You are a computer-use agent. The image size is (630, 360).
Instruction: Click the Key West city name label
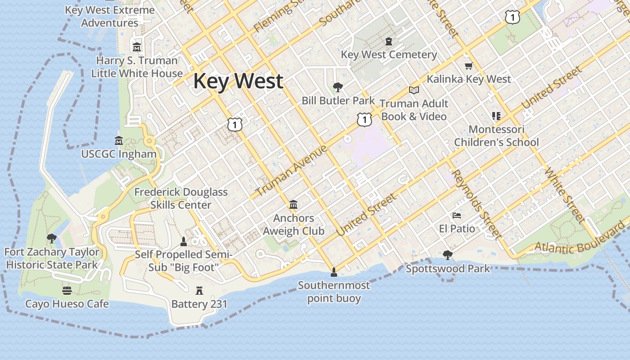coord(238,81)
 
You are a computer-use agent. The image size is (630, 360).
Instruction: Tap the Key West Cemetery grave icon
coord(389,41)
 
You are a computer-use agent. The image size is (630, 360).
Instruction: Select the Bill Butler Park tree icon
coord(337,87)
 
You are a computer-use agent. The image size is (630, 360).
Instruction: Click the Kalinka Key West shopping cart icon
coord(468,66)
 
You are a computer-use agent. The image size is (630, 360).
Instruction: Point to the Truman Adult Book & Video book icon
coord(414,90)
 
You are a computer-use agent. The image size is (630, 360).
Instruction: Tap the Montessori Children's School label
coord(496,136)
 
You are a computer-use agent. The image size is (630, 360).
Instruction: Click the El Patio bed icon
coord(457,216)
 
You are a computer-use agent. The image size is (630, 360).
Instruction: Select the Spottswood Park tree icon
coord(447,255)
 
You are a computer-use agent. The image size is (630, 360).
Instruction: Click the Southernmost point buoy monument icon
coord(333,272)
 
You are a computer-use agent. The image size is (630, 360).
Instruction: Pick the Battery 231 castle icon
coord(199,291)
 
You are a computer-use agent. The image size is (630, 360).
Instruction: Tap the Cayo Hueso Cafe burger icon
coord(67,290)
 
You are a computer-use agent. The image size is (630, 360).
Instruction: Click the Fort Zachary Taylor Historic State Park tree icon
coord(52,238)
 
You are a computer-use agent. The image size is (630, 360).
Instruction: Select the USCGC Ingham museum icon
coord(119,141)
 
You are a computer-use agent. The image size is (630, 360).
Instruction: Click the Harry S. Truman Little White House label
coord(137,67)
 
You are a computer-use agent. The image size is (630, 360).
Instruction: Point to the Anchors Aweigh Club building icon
coord(293,205)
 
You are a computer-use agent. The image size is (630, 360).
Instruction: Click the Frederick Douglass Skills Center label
coord(181,198)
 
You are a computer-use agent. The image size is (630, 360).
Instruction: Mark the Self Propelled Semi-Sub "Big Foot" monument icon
coord(184,242)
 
